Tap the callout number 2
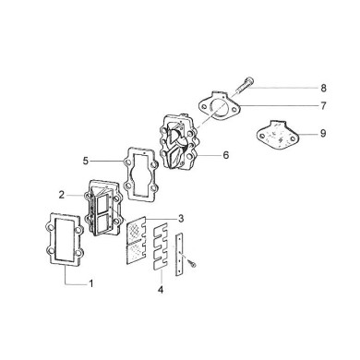61,196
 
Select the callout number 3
182,218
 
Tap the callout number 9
323,134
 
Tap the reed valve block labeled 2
106,209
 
